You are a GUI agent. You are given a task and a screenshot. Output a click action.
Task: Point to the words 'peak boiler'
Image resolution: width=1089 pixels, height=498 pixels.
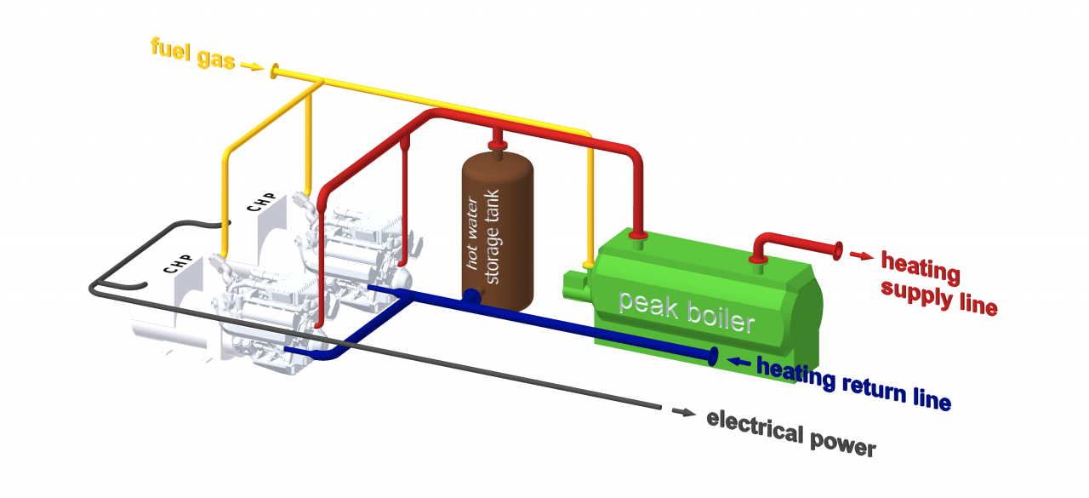(x=686, y=311)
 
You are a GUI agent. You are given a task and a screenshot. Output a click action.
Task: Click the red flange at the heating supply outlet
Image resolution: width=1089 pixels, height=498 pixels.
(x=838, y=249)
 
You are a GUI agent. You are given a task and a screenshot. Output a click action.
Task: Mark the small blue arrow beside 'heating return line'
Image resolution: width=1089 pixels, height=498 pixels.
(x=741, y=363)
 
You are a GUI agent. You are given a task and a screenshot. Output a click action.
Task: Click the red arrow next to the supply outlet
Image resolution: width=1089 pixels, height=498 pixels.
(x=861, y=254)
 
